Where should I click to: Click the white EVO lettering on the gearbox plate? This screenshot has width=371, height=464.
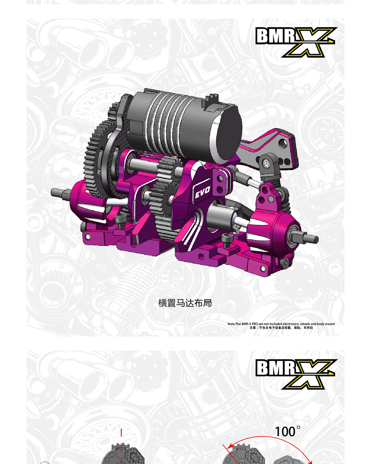(203, 192)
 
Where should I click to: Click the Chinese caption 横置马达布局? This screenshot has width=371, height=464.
(185, 303)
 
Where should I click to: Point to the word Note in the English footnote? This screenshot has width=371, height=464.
(231, 324)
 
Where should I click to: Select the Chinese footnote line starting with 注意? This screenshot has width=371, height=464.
(281, 328)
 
